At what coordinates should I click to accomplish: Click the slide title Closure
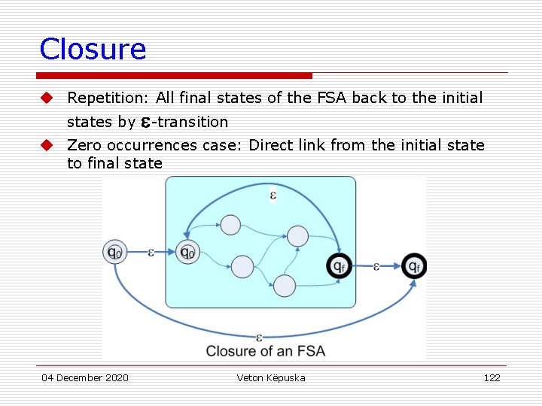coord(93,50)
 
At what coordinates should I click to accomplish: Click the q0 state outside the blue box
coord(114,253)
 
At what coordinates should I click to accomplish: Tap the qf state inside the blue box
coord(339,265)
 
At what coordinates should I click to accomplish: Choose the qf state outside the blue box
coord(413,265)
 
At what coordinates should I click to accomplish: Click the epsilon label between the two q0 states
coord(151,252)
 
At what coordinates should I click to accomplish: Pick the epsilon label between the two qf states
coord(376,265)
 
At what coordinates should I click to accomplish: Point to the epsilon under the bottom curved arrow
coord(259,338)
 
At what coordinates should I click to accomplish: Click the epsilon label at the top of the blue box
coord(273,196)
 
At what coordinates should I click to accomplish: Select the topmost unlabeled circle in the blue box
coord(230,225)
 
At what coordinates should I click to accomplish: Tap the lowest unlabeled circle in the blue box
coord(284,285)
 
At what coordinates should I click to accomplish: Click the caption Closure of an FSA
coord(265,350)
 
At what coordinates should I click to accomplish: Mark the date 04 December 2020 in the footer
coord(85,377)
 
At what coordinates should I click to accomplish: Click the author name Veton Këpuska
coord(271,377)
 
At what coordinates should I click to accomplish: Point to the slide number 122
coord(492,377)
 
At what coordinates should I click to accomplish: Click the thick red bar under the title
coord(175,75)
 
